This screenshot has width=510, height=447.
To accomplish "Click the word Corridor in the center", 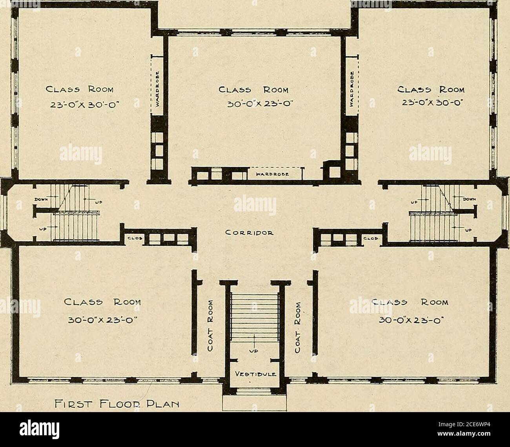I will [x=254, y=231].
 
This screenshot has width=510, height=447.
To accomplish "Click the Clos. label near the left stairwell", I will [x=129, y=238].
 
